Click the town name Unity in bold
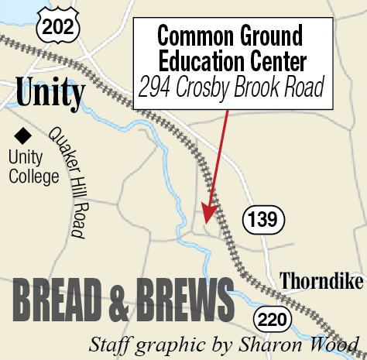pos(50,94)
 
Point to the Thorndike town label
pos(317,281)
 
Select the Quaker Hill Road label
pos(66,181)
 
